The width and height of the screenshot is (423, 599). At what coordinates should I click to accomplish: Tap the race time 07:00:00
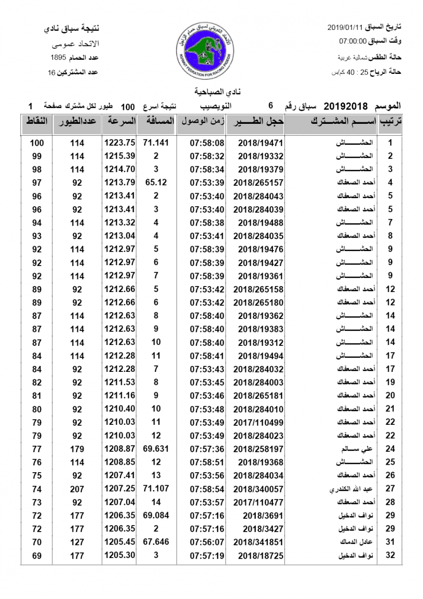pos(353,41)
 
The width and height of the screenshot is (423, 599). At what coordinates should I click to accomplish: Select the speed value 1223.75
pos(120,143)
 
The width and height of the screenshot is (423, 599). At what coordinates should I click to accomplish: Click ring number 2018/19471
pos(261,143)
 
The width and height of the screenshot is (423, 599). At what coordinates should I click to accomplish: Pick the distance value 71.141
pos(156,143)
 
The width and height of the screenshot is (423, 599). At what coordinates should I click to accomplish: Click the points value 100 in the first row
pos(37,143)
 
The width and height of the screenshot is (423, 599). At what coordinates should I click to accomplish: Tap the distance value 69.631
pos(156,449)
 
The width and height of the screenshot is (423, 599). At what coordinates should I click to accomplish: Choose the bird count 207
pos(77,489)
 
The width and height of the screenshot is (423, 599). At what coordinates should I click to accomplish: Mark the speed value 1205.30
pos(120,555)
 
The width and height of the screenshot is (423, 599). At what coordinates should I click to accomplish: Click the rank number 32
pos(391,555)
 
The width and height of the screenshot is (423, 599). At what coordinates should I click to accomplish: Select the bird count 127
pos(77,542)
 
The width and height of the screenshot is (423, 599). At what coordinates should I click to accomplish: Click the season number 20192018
pos(346,106)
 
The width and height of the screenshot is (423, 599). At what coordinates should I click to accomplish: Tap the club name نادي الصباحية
pos(211,92)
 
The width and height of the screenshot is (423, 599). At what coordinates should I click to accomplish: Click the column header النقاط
pos(36,122)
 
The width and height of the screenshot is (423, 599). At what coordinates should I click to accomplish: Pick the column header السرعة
pos(120,122)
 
